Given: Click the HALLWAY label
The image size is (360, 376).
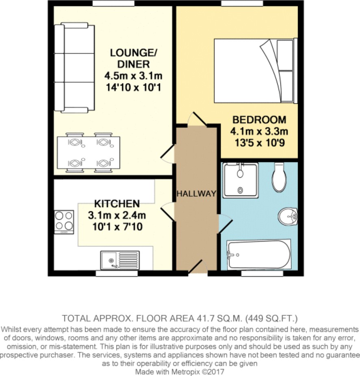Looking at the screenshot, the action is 196,193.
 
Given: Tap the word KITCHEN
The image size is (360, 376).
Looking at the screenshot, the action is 117,204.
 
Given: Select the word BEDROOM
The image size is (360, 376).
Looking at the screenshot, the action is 259,120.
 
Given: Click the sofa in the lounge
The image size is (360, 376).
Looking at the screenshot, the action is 74,67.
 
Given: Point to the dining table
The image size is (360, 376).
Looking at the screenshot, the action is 89,152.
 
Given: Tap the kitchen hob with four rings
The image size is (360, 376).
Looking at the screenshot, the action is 64,222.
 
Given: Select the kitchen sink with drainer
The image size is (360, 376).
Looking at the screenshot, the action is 120,260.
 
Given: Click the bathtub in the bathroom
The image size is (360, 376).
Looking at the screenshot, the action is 259,254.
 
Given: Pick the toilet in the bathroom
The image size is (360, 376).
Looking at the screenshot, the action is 279,178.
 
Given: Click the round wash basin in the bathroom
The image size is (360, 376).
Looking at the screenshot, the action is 288,216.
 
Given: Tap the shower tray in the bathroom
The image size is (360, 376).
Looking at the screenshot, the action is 241,180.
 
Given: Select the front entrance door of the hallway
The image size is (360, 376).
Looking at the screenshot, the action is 198,266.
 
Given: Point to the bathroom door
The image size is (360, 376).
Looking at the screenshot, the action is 225,224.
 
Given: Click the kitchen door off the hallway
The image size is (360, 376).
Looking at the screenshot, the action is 167,211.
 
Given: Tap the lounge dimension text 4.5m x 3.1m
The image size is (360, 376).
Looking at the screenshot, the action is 133,76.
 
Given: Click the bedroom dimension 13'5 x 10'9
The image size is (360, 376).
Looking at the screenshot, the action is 260,143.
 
